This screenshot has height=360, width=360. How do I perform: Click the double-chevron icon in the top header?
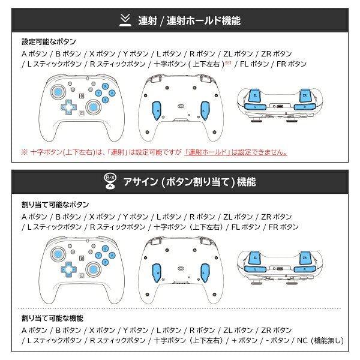pyautogui.click(x=125, y=20)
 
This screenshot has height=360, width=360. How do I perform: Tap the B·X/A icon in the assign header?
pyautogui.click(x=110, y=181)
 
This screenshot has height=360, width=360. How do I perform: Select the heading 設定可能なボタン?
pyautogui.click(x=49, y=42)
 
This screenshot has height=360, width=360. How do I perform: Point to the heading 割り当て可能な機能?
pyautogui.click(x=52, y=318)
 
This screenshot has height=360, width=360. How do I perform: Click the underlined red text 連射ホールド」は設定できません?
pyautogui.click(x=236, y=152)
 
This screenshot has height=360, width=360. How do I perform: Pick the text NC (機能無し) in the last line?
pyautogui.click(x=320, y=340)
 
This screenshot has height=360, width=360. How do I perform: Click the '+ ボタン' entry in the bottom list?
pyautogui.click(x=245, y=340)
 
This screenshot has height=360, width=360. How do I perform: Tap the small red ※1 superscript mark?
pyautogui.click(x=228, y=62)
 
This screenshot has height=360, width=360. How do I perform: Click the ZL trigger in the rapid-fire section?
pyautogui.click(x=255, y=95)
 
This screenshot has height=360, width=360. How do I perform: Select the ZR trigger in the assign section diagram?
pyautogui.click(x=305, y=257)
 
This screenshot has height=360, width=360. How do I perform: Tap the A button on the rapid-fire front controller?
pyautogui.click(x=112, y=93)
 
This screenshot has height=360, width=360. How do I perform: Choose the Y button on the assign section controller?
pyautogui.click(x=98, y=256)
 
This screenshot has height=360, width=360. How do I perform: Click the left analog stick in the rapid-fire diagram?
pyautogui.click(x=58, y=92)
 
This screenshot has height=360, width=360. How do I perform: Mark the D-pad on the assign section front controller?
pyautogui.click(x=68, y=269)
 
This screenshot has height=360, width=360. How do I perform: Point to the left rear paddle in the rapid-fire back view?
pyautogui.click(x=157, y=110)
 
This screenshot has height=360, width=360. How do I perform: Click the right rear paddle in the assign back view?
pyautogui.click(x=205, y=273)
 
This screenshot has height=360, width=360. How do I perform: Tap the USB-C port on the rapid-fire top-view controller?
pyautogui.click(x=280, y=107)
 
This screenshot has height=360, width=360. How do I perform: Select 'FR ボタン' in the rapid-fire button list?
pyautogui.click(x=292, y=64)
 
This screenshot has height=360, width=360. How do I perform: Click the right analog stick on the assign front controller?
pyautogui.click(x=93, y=269)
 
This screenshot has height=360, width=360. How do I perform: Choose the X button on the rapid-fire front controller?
pyautogui.click(x=106, y=86)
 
